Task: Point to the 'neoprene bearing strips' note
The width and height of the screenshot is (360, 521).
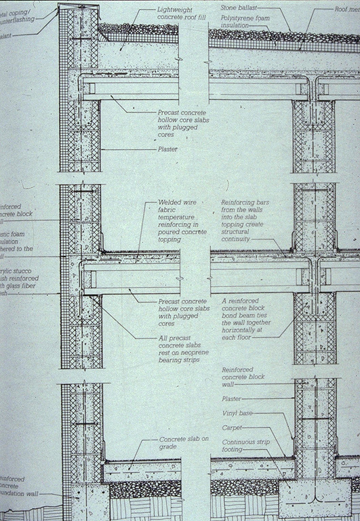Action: (180, 353)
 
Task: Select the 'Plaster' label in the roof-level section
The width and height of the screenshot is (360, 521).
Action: (167, 149)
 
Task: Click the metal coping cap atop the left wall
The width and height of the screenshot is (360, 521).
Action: (79, 6)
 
